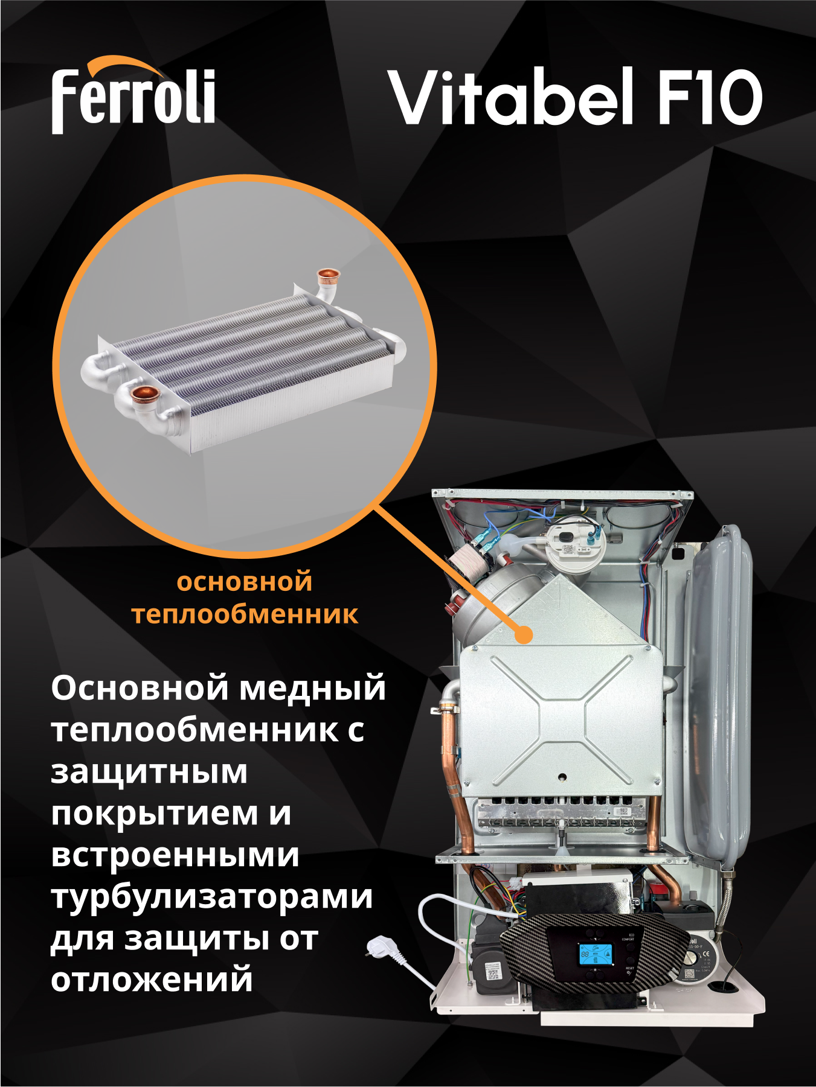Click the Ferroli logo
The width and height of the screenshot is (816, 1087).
coord(133,97)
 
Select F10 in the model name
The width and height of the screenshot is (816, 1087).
coord(709,97)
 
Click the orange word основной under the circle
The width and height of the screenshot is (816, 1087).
coord(245,582)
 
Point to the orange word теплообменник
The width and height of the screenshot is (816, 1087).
coord(245,614)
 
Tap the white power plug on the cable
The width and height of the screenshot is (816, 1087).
coord(381,946)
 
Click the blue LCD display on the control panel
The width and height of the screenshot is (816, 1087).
coord(595,954)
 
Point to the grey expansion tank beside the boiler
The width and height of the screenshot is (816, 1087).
coord(719,694)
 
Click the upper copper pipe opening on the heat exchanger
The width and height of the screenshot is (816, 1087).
coord(329,276)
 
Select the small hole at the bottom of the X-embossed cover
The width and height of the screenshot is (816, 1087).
coord(562,777)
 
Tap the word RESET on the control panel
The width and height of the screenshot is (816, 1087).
coord(629,968)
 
